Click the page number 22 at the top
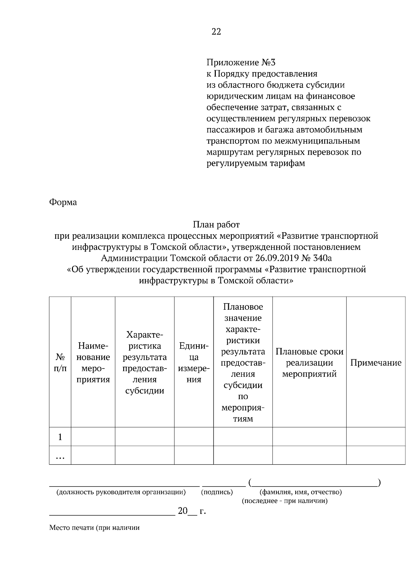[x=216, y=32]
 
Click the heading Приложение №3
[x=241, y=63]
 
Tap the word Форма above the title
[x=63, y=202]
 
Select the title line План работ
[x=216, y=225]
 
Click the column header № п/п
[x=60, y=362]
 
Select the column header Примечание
[x=375, y=363]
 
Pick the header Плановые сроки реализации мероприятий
[x=309, y=362]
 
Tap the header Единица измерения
[x=194, y=362]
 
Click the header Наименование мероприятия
[x=93, y=362]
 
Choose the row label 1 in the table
[x=60, y=437]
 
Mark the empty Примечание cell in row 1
[x=375, y=437]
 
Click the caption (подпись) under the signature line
[x=217, y=492]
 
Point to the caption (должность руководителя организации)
[x=121, y=492]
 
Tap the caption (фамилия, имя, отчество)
[x=300, y=492]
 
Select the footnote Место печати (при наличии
[x=94, y=528]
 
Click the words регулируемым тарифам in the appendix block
[x=256, y=163]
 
